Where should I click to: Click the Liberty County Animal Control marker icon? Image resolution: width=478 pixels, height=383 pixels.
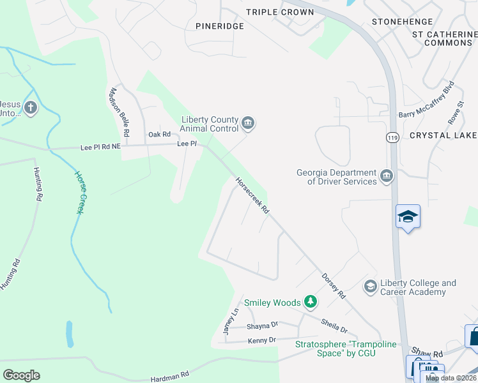249,123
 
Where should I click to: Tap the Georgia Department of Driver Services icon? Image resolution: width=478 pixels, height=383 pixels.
386,177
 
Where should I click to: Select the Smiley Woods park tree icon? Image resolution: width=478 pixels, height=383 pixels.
310,301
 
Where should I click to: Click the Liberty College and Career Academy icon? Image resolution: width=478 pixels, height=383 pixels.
370,287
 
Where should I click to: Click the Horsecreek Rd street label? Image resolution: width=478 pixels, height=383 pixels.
252,195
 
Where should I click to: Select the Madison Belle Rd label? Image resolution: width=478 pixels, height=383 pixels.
120,112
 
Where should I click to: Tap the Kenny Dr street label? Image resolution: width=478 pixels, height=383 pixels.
263,340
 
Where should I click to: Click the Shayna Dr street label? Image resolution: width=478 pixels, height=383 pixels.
262,326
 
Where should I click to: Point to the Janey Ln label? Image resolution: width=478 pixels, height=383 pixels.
230,321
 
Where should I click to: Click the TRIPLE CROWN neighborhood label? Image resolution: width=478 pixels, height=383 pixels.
280,12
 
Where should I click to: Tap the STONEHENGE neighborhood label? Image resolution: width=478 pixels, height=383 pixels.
403,22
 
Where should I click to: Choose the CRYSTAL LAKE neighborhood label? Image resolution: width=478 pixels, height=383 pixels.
443,135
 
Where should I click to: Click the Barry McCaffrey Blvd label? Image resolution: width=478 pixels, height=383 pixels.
426,100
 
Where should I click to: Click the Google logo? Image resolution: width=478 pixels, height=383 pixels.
22,375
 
